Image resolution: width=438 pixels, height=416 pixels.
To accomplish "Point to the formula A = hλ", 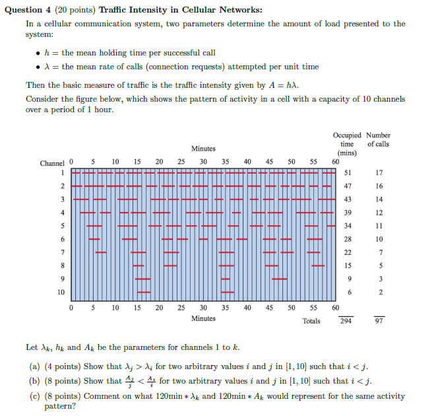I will [x=284, y=85].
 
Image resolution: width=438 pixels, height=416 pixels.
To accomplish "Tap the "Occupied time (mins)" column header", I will [x=347, y=144].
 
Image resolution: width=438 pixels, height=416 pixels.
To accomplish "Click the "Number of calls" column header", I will [x=378, y=139].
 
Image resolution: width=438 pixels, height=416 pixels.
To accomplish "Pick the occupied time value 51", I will [x=348, y=173].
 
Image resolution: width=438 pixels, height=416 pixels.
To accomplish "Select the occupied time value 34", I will [x=348, y=226].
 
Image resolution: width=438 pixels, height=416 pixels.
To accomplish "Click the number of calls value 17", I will [x=379, y=173].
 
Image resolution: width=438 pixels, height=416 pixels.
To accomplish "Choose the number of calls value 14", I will [x=379, y=199].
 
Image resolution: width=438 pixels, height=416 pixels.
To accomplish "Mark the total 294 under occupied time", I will [x=346, y=321].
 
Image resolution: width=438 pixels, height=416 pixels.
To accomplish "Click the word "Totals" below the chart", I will [x=311, y=321].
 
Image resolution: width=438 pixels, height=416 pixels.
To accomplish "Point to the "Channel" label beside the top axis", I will [x=52, y=162].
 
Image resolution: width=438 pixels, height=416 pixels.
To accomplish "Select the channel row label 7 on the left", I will [x=62, y=252].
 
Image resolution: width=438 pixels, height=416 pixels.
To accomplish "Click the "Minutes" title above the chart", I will [x=203, y=149].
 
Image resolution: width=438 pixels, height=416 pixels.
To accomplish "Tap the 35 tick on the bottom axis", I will [x=225, y=307].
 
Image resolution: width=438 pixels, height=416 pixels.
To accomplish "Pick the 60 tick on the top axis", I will [x=335, y=161].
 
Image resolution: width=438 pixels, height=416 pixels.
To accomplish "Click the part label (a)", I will [x=34, y=366].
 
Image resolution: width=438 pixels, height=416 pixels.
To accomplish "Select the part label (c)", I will [x=34, y=396].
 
